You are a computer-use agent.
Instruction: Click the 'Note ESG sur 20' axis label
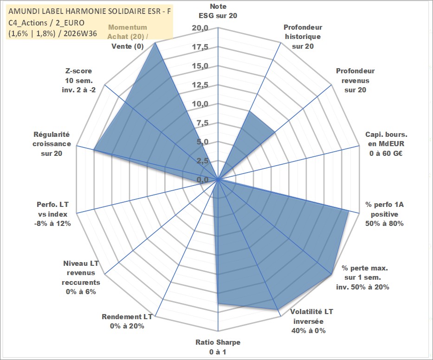[x=218, y=11]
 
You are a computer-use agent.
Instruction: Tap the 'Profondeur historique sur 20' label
[x=303, y=37]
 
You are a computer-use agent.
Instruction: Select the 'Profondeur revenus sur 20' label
[x=355, y=80]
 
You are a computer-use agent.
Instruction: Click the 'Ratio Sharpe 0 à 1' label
[x=218, y=347]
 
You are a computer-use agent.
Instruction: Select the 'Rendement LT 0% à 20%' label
[x=127, y=321]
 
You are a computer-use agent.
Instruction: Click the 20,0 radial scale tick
[x=200, y=28]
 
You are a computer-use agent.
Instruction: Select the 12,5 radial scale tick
[x=200, y=85]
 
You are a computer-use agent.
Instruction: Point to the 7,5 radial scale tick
[x=202, y=123]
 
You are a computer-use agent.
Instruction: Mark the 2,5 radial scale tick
[x=202, y=161]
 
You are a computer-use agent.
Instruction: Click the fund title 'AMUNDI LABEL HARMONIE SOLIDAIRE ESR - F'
[x=90, y=11]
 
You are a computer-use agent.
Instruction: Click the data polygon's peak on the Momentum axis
[x=155, y=43]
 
